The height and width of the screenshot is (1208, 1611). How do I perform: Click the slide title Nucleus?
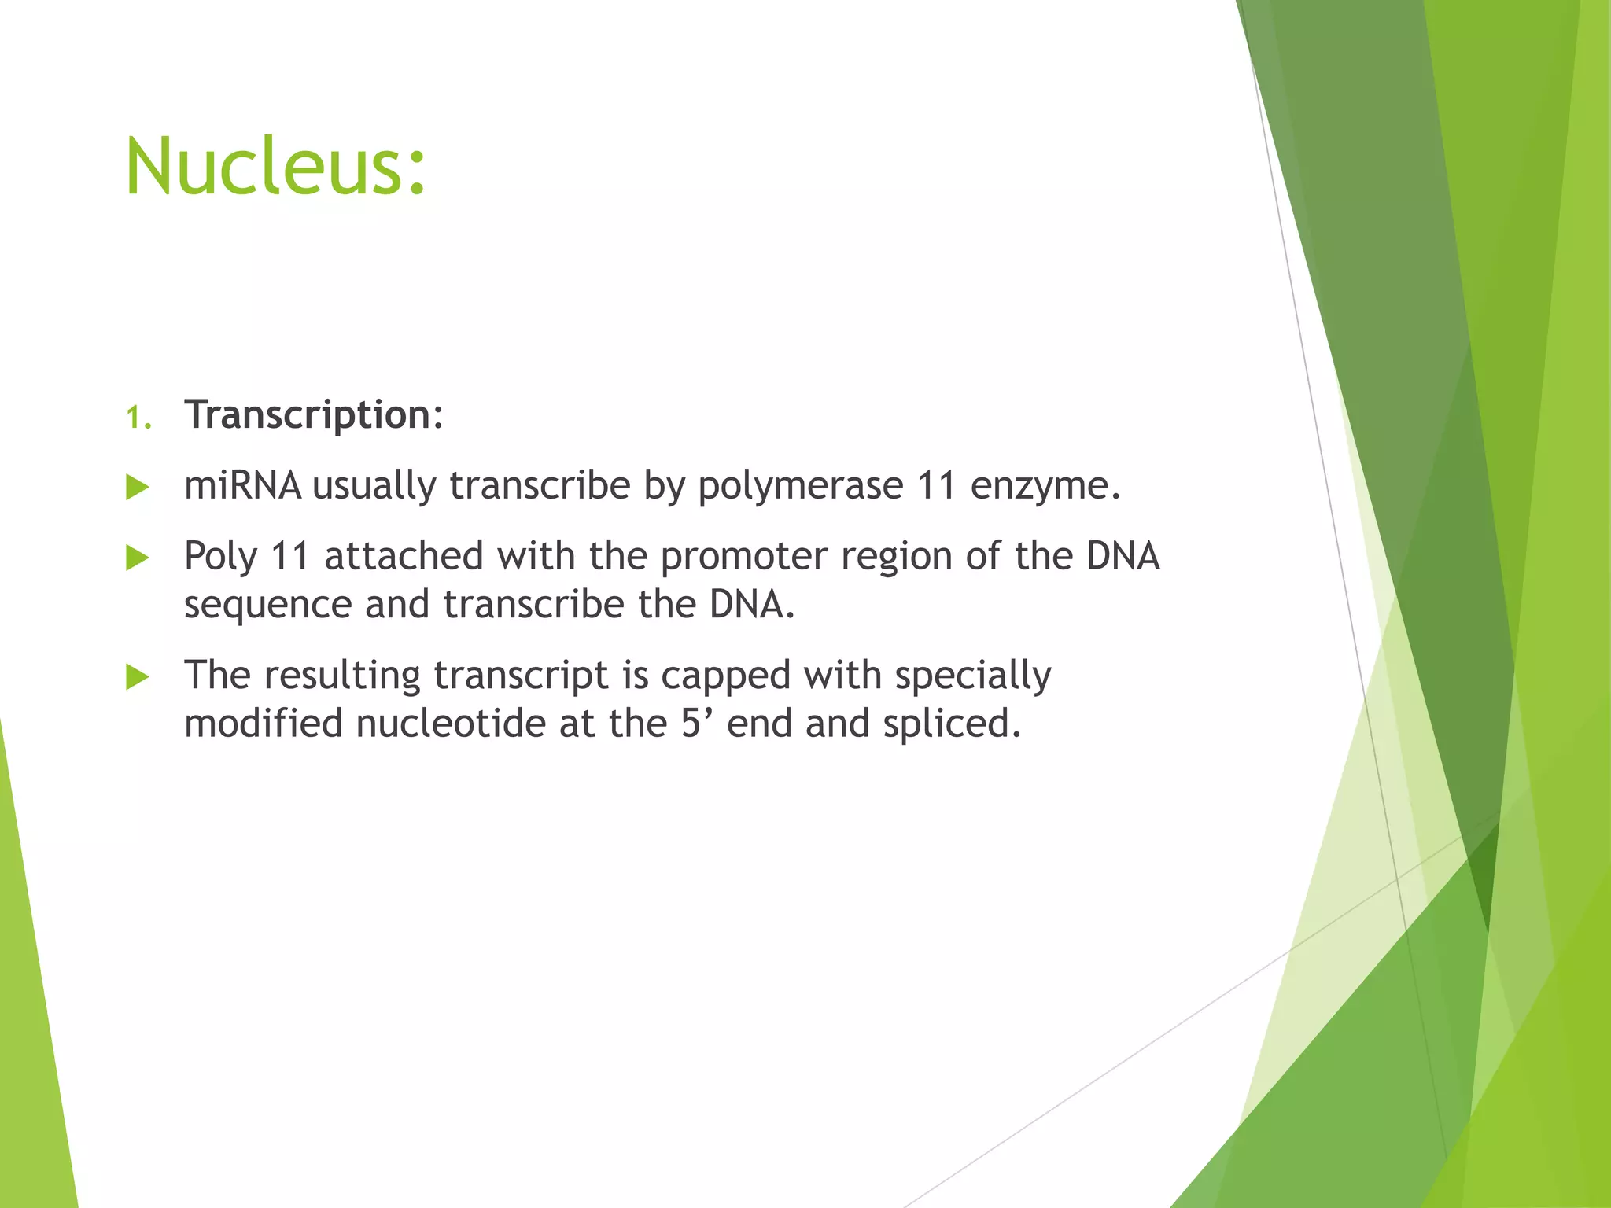275,167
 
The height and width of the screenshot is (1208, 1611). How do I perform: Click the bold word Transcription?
314,414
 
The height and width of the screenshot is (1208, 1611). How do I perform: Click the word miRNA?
242,485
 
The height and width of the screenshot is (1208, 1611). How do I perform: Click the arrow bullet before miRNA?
138,488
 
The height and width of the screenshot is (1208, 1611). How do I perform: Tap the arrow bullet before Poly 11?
138,558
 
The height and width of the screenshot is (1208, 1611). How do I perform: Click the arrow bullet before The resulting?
138,676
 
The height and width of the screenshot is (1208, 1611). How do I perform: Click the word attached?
404,556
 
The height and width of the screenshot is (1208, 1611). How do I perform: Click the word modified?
263,724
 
